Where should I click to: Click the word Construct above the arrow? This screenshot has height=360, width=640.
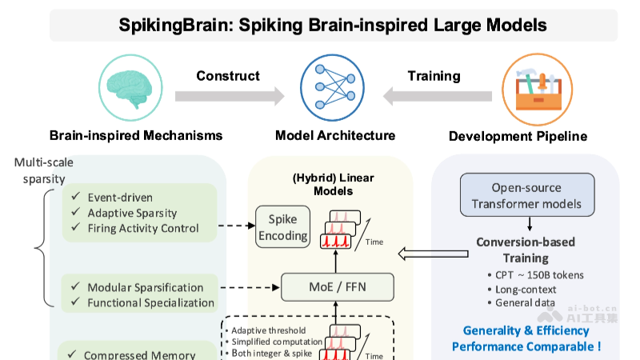point(228,76)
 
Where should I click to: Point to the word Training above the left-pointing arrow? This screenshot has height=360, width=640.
point(434,76)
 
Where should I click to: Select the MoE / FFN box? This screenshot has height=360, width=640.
point(337,285)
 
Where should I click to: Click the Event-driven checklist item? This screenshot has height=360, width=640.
point(121,198)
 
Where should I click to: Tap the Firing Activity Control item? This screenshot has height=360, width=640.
point(142,228)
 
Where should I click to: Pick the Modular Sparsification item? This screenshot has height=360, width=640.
point(145,287)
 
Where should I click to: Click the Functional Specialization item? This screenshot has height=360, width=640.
point(150,302)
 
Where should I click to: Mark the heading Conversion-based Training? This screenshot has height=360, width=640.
point(525,250)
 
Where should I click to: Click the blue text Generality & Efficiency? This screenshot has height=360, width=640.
point(526,330)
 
